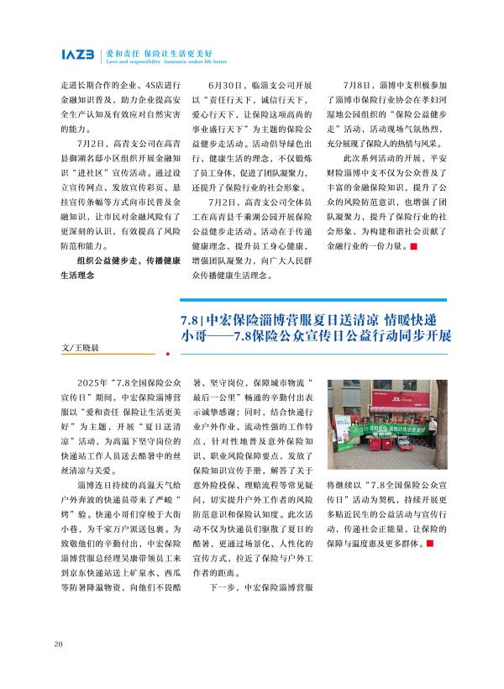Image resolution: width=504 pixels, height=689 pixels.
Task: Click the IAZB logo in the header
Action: (78, 55)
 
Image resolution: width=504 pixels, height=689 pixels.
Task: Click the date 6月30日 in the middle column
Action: (224, 86)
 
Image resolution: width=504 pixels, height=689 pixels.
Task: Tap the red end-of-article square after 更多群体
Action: (431, 544)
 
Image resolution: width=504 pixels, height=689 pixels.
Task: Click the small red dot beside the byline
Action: (179, 354)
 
